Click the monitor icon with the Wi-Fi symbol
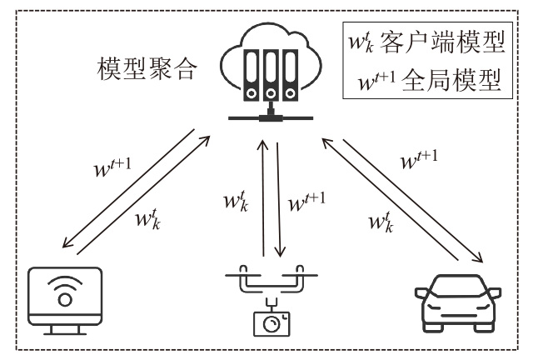pos(64,296)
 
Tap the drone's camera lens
pos(269,323)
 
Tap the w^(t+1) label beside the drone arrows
pos(306,202)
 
